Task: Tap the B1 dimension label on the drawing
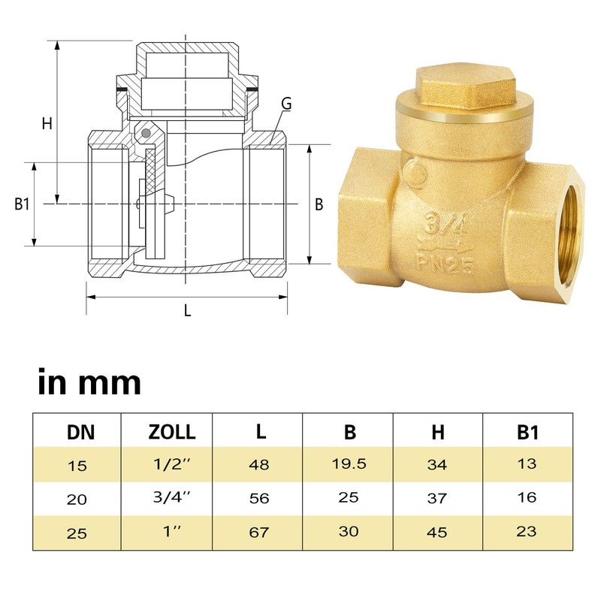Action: (x=22, y=204)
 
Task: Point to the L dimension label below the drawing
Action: (x=187, y=309)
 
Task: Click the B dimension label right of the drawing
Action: (x=319, y=204)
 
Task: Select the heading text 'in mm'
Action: (x=89, y=382)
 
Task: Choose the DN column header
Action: (x=77, y=432)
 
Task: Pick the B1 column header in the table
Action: (x=527, y=432)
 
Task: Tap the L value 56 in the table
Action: (x=258, y=498)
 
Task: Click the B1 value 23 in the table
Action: (x=527, y=531)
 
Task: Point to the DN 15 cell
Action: (x=77, y=466)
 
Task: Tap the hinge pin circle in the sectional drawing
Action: (x=147, y=134)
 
